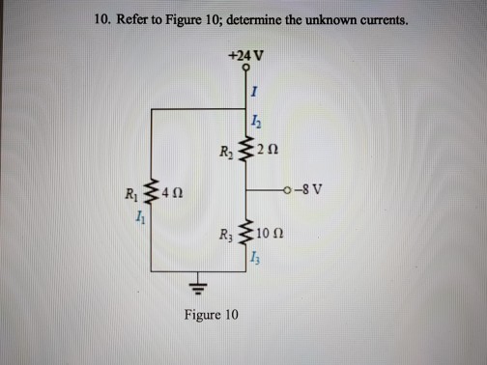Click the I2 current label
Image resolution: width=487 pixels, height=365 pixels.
[x=254, y=121]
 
